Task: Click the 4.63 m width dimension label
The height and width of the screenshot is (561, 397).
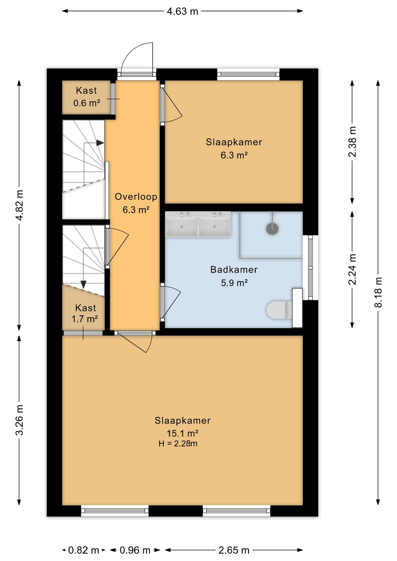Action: point(182,11)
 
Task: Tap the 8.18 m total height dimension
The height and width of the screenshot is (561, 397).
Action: point(378,292)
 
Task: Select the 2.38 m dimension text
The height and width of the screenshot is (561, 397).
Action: point(352,142)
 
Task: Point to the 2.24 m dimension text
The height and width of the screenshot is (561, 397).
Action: point(352,269)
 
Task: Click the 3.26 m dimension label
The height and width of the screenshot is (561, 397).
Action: point(19,420)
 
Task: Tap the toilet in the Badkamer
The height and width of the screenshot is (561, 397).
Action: point(279,310)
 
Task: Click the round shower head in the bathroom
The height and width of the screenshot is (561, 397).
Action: point(272,229)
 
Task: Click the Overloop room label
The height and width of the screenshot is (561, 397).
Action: point(136,197)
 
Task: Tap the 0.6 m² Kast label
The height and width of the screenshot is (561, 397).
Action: point(87,103)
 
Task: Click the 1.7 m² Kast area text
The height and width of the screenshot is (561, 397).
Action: point(85,319)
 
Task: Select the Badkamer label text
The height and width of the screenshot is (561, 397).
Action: point(234,270)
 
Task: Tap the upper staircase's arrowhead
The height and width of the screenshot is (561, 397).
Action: point(100,143)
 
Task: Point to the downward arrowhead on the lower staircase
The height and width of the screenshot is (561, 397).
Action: point(83,284)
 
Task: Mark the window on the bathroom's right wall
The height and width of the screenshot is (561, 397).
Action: point(311,268)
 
